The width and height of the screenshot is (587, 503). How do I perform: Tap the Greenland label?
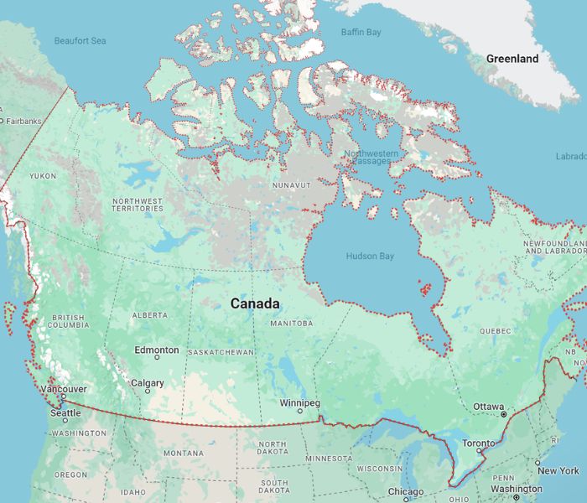coord(512,59)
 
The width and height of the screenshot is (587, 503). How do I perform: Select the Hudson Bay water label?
coord(369,255)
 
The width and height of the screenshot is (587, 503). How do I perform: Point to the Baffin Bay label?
coord(361,32)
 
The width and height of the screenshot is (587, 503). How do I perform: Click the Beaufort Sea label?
coord(81,40)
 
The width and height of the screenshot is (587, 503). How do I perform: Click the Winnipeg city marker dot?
coord(300,411)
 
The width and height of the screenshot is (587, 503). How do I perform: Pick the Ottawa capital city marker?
coord(504,414)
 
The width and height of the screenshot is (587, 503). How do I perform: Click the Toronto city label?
coord(480,443)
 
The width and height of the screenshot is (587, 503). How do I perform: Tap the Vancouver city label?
coord(64,389)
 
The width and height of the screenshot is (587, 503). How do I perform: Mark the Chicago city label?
coord(405,491)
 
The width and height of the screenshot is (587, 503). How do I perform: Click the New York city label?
coord(558,470)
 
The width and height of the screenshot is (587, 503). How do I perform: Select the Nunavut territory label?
coord(292,184)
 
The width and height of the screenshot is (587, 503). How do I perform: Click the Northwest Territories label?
coord(138,205)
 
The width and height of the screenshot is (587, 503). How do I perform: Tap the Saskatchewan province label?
coord(221,352)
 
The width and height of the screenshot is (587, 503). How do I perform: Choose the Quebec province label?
coord(495,330)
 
